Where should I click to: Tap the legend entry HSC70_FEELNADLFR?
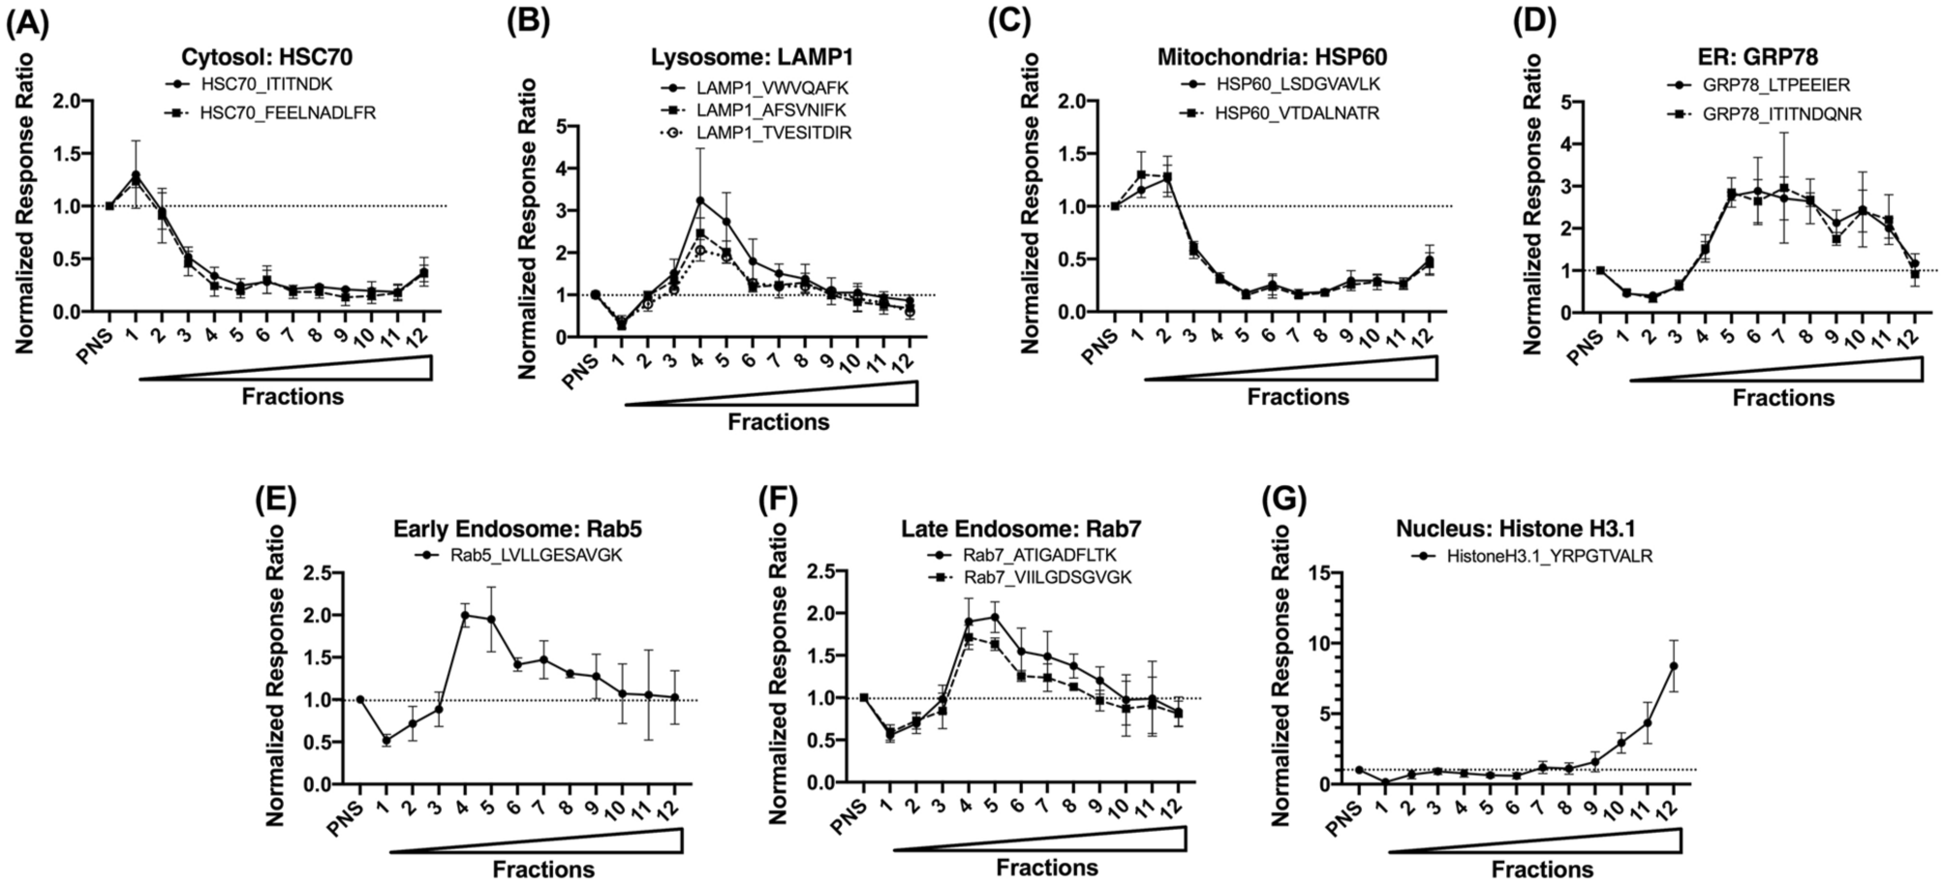(x=288, y=113)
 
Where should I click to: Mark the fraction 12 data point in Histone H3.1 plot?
(x=1672, y=666)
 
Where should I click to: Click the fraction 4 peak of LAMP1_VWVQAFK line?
(x=699, y=200)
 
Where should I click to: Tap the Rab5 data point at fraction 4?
(x=464, y=615)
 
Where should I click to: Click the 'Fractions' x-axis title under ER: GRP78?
(x=1783, y=398)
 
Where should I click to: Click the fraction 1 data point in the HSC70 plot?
(x=136, y=175)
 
